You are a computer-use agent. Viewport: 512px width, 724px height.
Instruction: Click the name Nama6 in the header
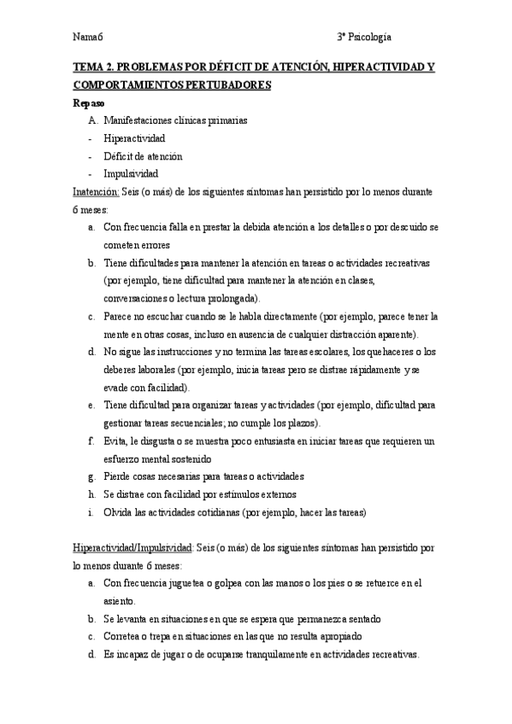88,37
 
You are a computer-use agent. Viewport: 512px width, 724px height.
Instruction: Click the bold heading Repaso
89,102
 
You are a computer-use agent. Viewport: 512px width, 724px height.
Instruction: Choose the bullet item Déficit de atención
142,156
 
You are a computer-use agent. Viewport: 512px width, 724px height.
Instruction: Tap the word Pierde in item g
119,476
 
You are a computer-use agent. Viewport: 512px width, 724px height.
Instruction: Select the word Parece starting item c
120,317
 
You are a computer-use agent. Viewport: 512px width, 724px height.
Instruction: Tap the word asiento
119,601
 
